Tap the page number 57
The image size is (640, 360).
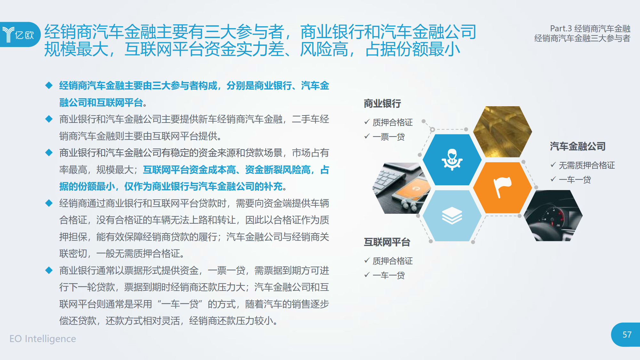point(627,335)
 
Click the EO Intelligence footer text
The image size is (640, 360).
point(43,339)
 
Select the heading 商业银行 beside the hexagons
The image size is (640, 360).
point(382,103)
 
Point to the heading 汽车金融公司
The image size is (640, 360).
point(578,146)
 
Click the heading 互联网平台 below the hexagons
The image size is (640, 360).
point(387,242)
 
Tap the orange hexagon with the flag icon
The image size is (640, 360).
point(502,188)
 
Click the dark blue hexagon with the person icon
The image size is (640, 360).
point(452,159)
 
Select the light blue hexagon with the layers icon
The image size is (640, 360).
point(452,216)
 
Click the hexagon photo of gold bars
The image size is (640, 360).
point(502,132)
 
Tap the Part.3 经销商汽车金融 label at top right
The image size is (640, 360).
point(590,28)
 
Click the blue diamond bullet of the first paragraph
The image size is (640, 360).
point(49,85)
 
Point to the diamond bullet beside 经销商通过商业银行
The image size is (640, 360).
point(49,203)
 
